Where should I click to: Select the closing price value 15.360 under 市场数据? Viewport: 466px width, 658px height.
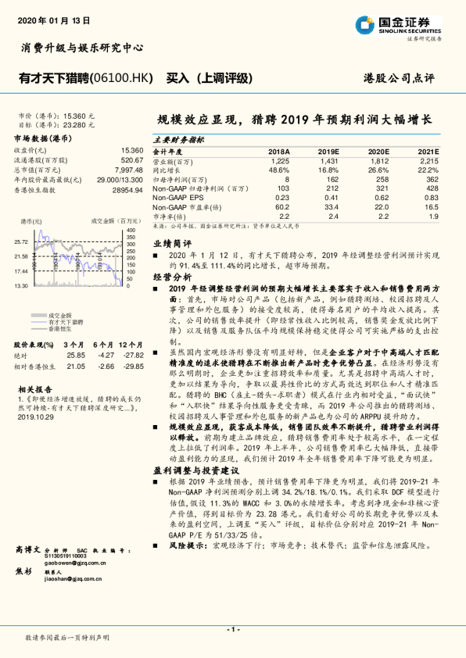pyautogui.click(x=132, y=149)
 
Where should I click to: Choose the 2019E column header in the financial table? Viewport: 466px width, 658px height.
pyautogui.click(x=328, y=152)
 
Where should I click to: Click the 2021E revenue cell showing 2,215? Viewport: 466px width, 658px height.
pyautogui.click(x=428, y=160)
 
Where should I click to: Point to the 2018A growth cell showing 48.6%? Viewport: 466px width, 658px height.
pyautogui.click(x=279, y=170)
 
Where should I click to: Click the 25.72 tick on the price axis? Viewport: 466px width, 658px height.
pyautogui.click(x=21, y=242)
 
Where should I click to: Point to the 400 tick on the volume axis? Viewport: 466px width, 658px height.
pyautogui.click(x=131, y=231)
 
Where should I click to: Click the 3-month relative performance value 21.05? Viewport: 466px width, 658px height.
pyautogui.click(x=75, y=366)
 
